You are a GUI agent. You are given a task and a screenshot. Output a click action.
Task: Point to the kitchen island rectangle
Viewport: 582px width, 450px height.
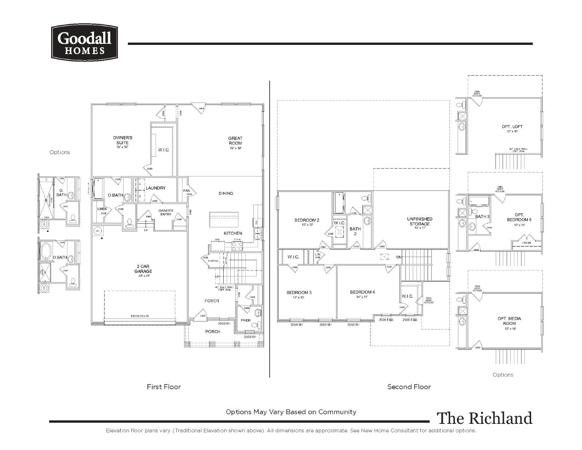pos(224,220)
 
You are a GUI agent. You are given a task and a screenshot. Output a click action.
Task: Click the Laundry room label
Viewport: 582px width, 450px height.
pos(155,188)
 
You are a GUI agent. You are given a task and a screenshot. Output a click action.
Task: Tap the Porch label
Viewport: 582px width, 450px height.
pos(213,332)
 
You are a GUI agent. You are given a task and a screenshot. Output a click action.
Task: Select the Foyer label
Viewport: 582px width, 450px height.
pos(212,301)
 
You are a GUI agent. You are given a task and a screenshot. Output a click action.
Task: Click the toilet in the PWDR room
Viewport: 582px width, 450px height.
pos(259,325)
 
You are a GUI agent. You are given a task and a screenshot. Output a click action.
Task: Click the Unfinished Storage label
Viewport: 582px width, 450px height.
pos(419,222)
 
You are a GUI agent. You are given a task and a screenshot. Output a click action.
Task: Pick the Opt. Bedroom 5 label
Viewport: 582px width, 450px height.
pos(519,217)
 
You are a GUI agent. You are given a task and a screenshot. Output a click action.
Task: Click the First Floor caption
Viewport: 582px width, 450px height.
pos(164,387)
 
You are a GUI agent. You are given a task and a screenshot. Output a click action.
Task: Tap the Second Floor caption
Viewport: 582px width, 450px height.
pos(409,387)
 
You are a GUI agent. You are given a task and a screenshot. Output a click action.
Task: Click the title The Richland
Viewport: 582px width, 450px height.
pos(484,418)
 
